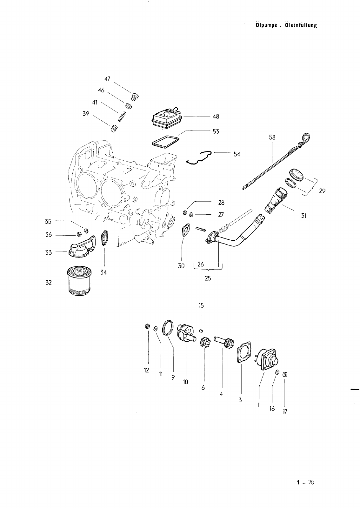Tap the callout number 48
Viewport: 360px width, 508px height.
(x=216, y=117)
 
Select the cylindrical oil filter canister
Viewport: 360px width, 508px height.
(x=79, y=281)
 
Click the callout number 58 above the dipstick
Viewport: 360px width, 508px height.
(x=272, y=137)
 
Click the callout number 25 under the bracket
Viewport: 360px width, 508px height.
(x=208, y=278)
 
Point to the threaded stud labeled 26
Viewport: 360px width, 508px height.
(x=201, y=228)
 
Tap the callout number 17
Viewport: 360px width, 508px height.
(x=285, y=411)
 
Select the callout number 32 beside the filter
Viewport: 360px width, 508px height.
(x=49, y=282)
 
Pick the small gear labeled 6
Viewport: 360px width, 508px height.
(x=204, y=343)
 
